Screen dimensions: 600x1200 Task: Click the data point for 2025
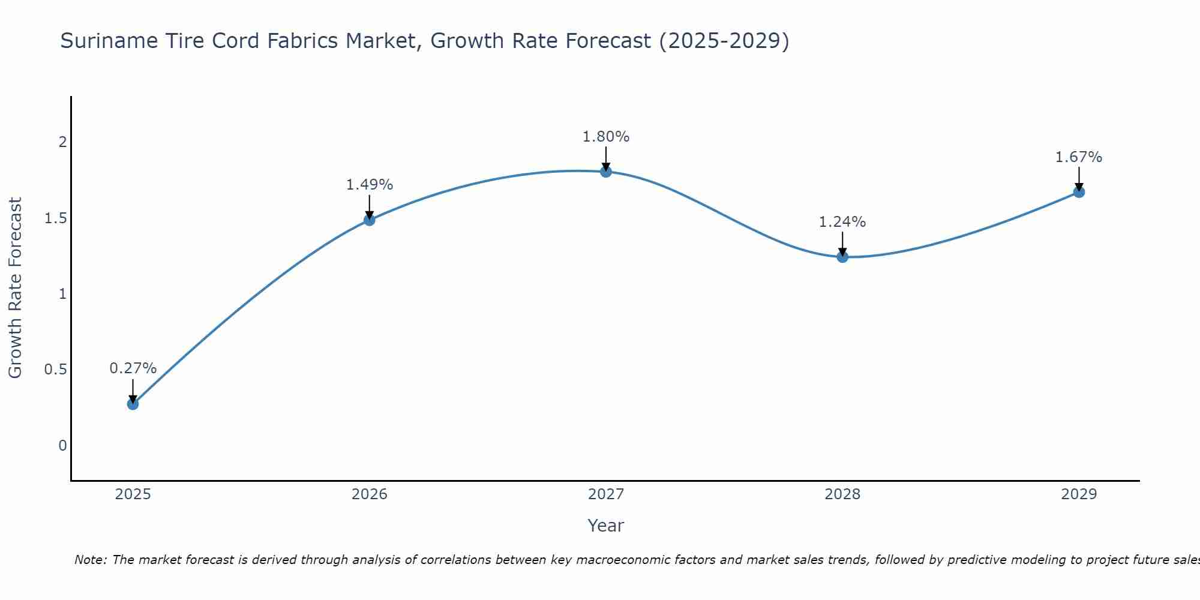(x=133, y=404)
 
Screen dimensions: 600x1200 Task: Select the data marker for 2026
(x=369, y=220)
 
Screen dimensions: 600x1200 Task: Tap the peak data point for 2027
(x=606, y=172)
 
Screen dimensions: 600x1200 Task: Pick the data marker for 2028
(x=842, y=257)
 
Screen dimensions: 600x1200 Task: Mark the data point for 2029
(x=1079, y=192)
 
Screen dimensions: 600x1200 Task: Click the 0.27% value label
(x=133, y=368)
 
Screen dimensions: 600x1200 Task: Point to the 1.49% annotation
(x=369, y=185)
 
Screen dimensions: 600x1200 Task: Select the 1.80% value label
(x=606, y=137)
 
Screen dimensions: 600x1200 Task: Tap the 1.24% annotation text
(x=842, y=222)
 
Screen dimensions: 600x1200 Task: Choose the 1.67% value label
(x=1079, y=157)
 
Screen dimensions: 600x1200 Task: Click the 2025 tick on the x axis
(x=133, y=494)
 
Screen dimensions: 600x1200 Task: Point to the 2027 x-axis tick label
(x=606, y=494)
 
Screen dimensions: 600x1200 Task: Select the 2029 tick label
(x=1079, y=494)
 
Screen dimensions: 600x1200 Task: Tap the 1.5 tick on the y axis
(x=55, y=218)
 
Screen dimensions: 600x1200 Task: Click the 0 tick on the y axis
(x=62, y=446)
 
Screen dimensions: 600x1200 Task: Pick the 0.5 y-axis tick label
(x=55, y=370)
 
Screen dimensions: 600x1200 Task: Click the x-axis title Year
(x=606, y=526)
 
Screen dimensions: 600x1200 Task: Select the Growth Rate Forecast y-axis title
(x=16, y=288)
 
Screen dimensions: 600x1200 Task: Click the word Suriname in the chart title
(x=101, y=41)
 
